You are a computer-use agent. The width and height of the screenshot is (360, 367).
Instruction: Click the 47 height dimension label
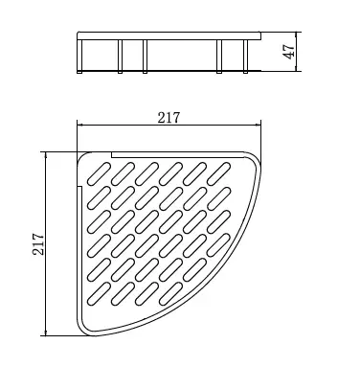pyautogui.click(x=290, y=51)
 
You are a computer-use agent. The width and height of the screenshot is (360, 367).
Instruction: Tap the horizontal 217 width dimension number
pyautogui.click(x=169, y=118)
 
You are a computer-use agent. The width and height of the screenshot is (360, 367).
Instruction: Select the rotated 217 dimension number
pyautogui.click(x=38, y=244)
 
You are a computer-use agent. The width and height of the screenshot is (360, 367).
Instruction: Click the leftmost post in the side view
pyautogui.click(x=79, y=57)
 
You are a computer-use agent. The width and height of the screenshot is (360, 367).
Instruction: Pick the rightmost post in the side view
pyautogui.click(x=245, y=57)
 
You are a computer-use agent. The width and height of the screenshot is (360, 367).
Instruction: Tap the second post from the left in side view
pyautogui.click(x=120, y=57)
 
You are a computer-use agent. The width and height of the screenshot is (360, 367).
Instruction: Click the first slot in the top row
pyautogui.click(x=99, y=173)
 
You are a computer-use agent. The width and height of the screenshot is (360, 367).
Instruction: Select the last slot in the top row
pyautogui.click(x=218, y=173)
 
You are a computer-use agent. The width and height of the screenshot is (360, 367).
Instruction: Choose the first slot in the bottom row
pyautogui.click(x=99, y=293)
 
